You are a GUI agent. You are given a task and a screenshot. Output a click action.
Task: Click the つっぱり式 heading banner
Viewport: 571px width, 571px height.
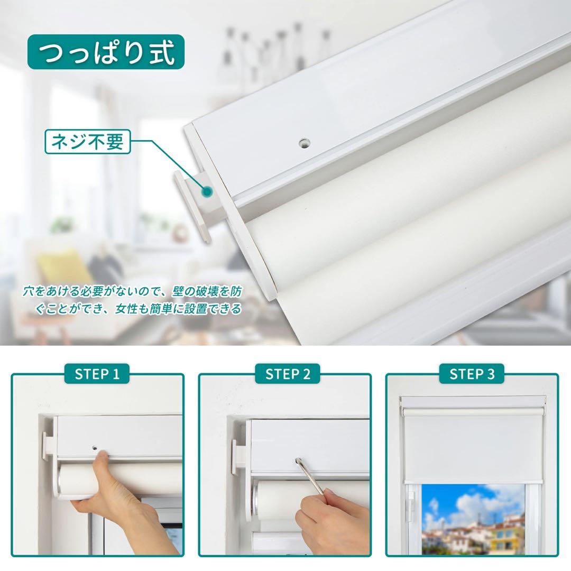[x=106, y=52]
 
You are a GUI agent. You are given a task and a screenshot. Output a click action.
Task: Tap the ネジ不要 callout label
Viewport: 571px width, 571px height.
[x=87, y=142]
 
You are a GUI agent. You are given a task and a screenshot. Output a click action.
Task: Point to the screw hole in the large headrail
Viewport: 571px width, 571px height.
[x=303, y=142]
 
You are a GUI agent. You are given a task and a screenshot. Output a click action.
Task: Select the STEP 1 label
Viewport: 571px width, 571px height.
[x=97, y=374]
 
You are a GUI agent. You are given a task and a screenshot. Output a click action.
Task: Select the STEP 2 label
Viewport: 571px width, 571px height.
[x=288, y=374]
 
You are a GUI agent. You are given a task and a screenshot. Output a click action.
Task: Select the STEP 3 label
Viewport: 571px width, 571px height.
[x=472, y=374]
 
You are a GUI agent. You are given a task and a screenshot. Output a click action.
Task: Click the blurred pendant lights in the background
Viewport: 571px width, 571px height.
[x=275, y=50]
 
